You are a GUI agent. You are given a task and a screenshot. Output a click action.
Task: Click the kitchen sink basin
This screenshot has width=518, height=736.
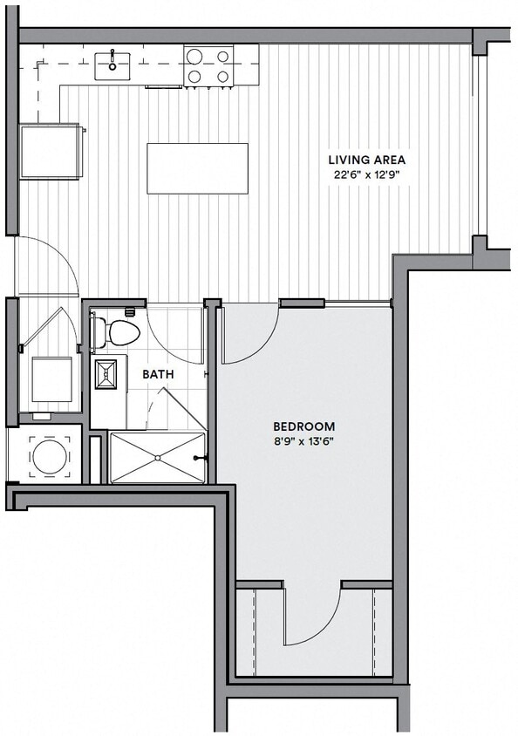point(112,65)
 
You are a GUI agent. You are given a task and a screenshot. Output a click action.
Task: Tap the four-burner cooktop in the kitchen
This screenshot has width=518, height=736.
point(208,65)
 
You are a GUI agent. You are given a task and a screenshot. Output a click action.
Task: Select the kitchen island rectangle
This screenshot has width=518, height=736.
point(197,168)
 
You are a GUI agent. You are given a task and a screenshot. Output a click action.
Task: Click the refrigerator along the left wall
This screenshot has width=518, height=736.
point(51,151)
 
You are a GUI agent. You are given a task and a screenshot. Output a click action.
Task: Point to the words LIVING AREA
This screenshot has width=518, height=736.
point(366,160)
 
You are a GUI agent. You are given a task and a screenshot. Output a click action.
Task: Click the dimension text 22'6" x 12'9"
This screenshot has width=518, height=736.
point(366,174)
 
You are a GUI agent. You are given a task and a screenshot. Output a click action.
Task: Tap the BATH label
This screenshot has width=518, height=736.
point(158,374)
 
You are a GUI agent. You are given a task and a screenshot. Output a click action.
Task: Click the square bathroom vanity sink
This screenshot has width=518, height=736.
point(106,373)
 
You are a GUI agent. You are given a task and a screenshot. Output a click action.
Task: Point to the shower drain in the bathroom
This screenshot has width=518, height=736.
point(158,457)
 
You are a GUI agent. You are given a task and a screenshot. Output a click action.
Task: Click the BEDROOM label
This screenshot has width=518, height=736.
point(303,426)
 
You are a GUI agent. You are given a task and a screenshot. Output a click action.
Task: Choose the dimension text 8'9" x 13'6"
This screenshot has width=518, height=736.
point(303,441)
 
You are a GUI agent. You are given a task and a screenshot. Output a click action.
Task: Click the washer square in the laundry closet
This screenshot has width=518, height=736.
point(51,379)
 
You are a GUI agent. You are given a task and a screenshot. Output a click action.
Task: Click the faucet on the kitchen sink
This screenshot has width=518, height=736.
point(112,55)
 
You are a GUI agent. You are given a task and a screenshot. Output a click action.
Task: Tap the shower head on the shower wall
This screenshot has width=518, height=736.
point(204,457)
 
